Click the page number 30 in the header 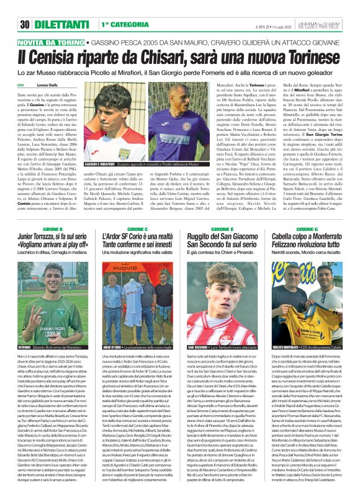click(x=25, y=25)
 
